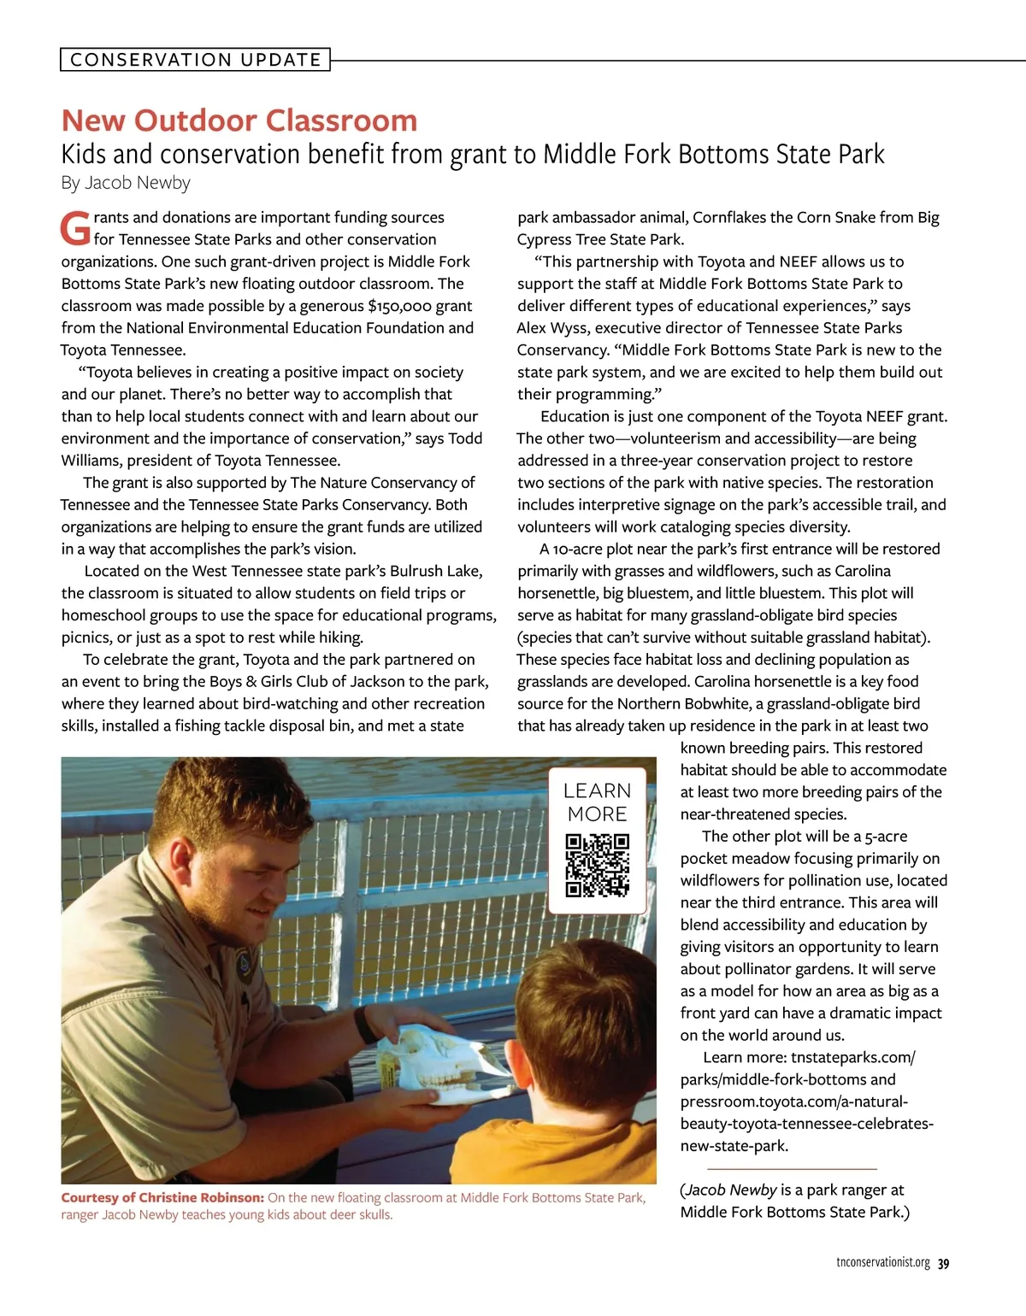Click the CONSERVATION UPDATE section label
pos(195,60)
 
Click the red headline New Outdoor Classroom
pos(239,120)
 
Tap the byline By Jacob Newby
pos(126,183)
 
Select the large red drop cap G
pos(75,228)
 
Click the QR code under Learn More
pos(598,866)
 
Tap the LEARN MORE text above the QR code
pos(598,802)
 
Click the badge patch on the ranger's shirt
pos(247,966)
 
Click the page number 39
pos(943,1264)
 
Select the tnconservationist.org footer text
pos(882,1263)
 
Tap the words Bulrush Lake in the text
pos(436,571)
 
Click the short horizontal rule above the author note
pos(792,1168)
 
